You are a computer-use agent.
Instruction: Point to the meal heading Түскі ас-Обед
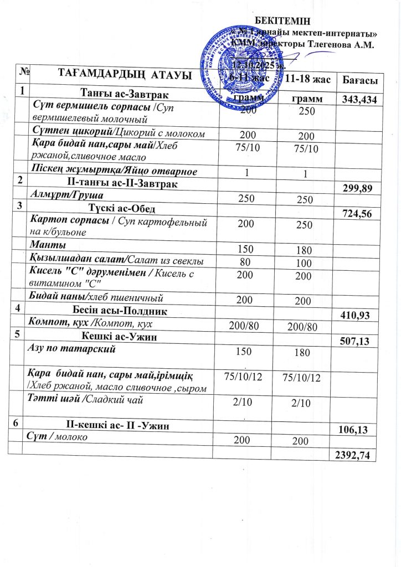coord(121,209)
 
